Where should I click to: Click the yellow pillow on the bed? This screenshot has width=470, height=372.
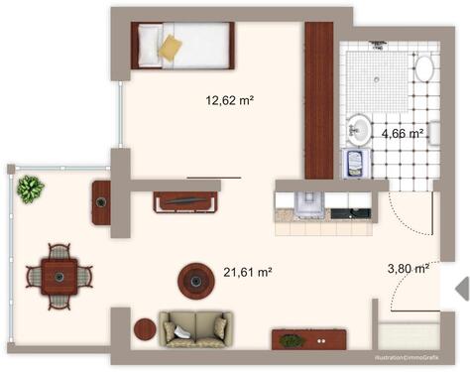click(x=172, y=47)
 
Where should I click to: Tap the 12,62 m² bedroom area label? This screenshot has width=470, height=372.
click(x=230, y=100)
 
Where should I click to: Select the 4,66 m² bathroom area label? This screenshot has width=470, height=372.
click(x=402, y=133)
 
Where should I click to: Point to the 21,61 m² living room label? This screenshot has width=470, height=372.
click(x=248, y=271)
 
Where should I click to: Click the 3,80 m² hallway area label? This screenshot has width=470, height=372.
click(x=407, y=268)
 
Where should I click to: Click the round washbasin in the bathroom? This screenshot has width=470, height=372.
click(x=360, y=128)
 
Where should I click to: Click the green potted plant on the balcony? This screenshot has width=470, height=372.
click(x=30, y=187)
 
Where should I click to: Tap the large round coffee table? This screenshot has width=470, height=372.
click(x=197, y=281)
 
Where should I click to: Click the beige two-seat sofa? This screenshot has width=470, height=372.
click(x=196, y=327)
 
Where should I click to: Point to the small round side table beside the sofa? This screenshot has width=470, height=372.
click(x=144, y=328)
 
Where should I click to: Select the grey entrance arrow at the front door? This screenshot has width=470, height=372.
click(x=460, y=288)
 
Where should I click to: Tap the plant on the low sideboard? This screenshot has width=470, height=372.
click(x=291, y=341)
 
